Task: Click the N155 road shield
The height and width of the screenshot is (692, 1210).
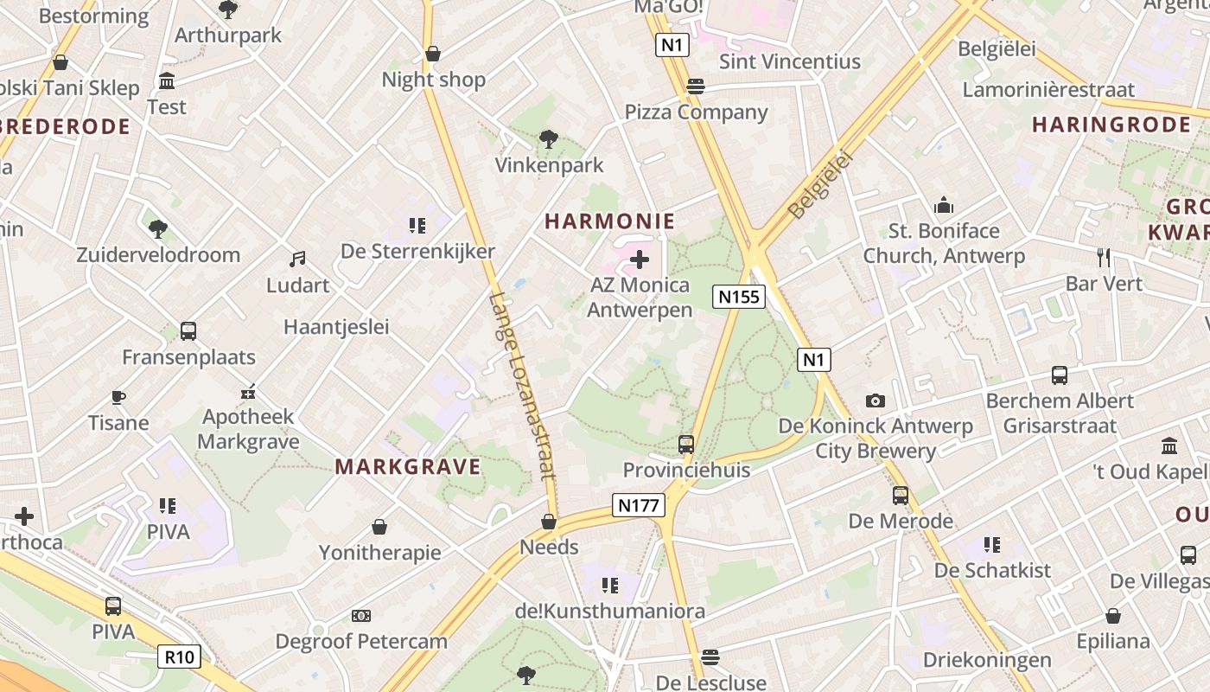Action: pyautogui.click(x=739, y=297)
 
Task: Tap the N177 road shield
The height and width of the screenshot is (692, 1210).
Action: pyautogui.click(x=639, y=505)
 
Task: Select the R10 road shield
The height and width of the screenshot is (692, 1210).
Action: pyautogui.click(x=180, y=657)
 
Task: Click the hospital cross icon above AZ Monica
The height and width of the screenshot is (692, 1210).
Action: pyautogui.click(x=640, y=259)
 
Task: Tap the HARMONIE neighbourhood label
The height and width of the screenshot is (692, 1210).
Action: pyautogui.click(x=609, y=221)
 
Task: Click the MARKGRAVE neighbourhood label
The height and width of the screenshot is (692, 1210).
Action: pyautogui.click(x=408, y=467)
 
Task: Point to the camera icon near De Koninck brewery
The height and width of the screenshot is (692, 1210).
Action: pyautogui.click(x=876, y=400)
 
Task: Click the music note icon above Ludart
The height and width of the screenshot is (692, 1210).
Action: pyautogui.click(x=297, y=259)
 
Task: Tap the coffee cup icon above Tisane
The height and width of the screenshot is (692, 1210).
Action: pyautogui.click(x=118, y=397)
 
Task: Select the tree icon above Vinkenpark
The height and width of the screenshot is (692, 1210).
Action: pyautogui.click(x=548, y=138)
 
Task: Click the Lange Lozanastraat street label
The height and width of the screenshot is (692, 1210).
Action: pyautogui.click(x=521, y=386)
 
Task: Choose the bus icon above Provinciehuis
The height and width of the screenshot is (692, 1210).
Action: pyautogui.click(x=686, y=445)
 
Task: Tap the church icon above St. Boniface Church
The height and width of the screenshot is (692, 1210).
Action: pyautogui.click(x=944, y=206)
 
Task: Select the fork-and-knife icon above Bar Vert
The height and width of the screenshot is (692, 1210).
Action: pyautogui.click(x=1103, y=257)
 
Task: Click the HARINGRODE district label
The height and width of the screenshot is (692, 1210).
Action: pyautogui.click(x=1111, y=125)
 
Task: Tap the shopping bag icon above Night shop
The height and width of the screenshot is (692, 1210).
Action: pyautogui.click(x=433, y=54)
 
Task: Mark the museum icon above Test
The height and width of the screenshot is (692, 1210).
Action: pyautogui.click(x=167, y=81)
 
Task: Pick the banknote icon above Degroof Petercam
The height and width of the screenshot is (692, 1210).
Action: pyautogui.click(x=361, y=616)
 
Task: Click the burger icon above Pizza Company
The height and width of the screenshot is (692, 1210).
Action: pyautogui.click(x=696, y=86)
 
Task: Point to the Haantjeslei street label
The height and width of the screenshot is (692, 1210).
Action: pyautogui.click(x=336, y=327)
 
